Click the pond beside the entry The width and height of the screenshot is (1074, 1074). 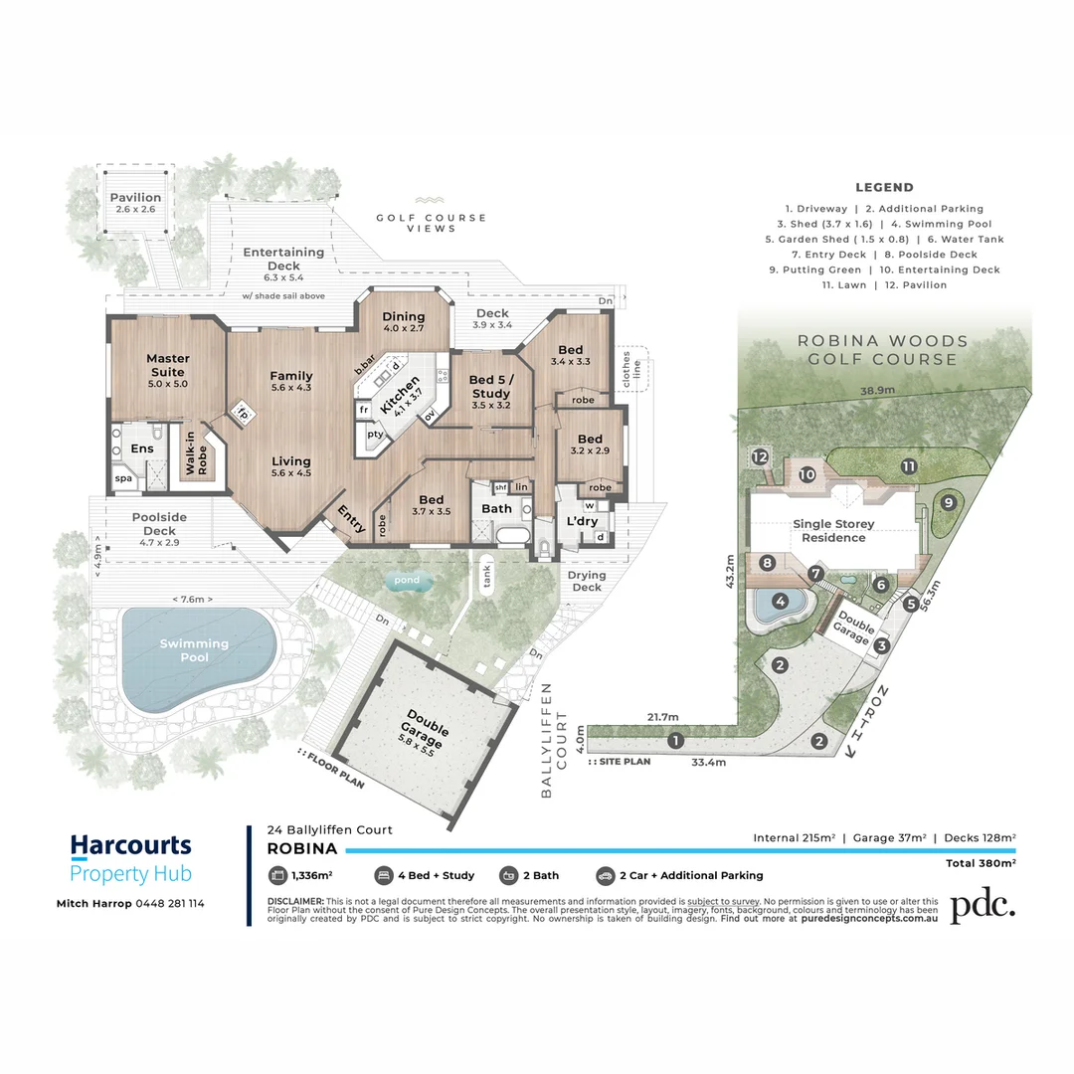pyautogui.click(x=406, y=581)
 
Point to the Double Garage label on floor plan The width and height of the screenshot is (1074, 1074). pyautogui.click(x=424, y=720)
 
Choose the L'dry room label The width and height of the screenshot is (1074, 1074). pyautogui.click(x=580, y=521)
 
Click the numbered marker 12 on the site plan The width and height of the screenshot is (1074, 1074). pyautogui.click(x=760, y=456)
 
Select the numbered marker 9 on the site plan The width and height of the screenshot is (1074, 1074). pyautogui.click(x=948, y=503)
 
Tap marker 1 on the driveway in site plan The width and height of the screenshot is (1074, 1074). pyautogui.click(x=676, y=740)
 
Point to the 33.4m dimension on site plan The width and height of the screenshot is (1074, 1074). pyautogui.click(x=708, y=763)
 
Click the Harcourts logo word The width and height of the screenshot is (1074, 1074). pyautogui.click(x=130, y=846)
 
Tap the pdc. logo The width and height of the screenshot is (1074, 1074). pyautogui.click(x=983, y=906)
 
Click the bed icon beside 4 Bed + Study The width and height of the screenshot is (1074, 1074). pyautogui.click(x=382, y=875)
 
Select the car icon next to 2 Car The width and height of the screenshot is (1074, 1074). pyautogui.click(x=605, y=875)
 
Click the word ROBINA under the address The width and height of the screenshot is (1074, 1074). pyautogui.click(x=302, y=849)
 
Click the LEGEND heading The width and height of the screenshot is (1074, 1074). pyautogui.click(x=884, y=187)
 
